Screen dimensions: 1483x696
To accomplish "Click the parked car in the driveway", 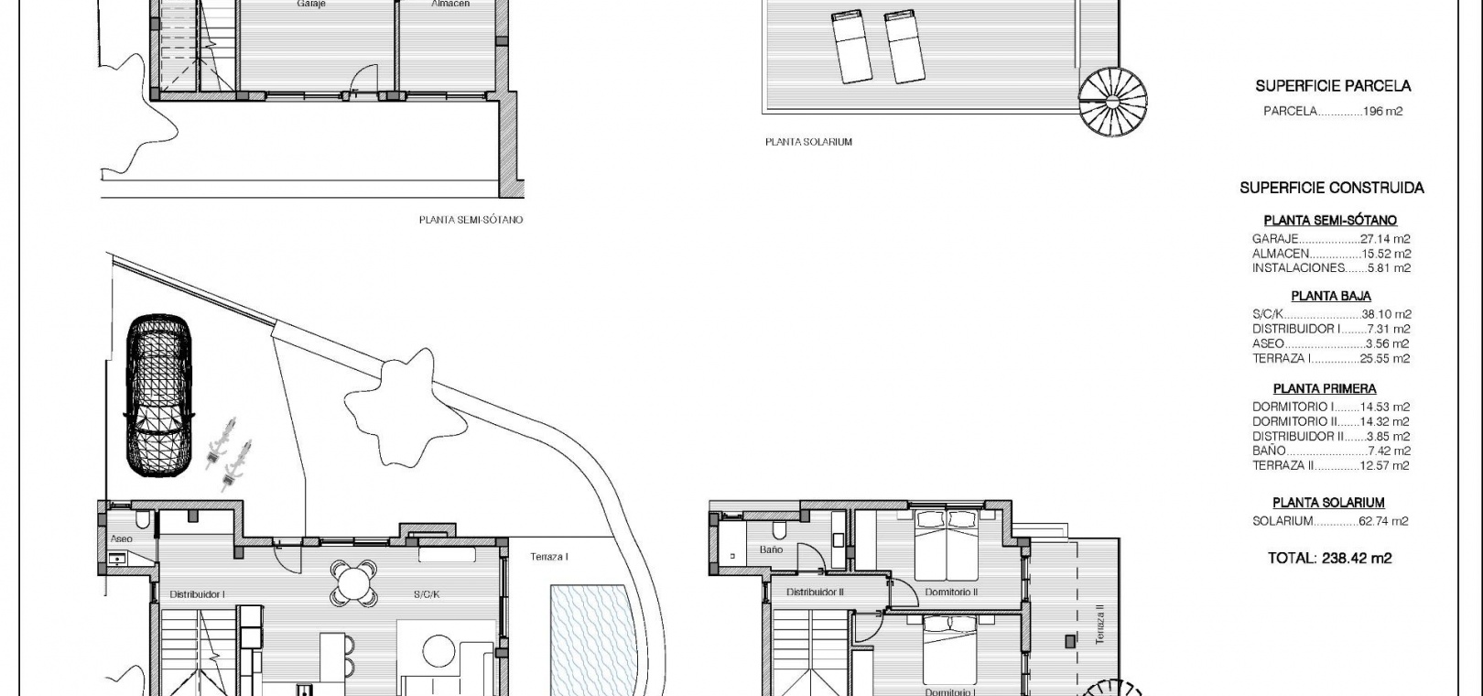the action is click(159, 396).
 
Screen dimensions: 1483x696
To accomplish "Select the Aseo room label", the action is click(121, 538).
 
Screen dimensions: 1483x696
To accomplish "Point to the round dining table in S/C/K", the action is click(355, 583).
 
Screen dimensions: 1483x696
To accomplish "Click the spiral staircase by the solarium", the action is click(1112, 102).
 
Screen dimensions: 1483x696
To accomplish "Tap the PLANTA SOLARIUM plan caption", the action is click(808, 142).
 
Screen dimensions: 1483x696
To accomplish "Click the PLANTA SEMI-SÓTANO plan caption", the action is click(471, 220).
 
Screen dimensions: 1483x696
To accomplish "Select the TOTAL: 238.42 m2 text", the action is click(1329, 559).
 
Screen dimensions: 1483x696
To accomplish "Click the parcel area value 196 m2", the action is click(1382, 111).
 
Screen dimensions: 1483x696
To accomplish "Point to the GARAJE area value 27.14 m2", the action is click(1385, 239).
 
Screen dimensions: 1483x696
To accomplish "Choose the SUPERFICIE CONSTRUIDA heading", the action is click(1331, 188).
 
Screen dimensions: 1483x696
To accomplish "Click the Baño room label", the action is click(771, 549).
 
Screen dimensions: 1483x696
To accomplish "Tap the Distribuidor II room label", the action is click(815, 592).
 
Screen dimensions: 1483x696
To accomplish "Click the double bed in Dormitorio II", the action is click(946, 544).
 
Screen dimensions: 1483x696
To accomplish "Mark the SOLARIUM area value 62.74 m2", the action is click(1383, 521).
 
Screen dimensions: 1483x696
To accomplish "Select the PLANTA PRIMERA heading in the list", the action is click(1324, 388).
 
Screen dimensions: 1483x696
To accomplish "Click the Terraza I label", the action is click(549, 557).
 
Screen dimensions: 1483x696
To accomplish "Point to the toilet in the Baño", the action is click(781, 530).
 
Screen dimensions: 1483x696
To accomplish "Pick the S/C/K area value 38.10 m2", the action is click(1386, 314).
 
